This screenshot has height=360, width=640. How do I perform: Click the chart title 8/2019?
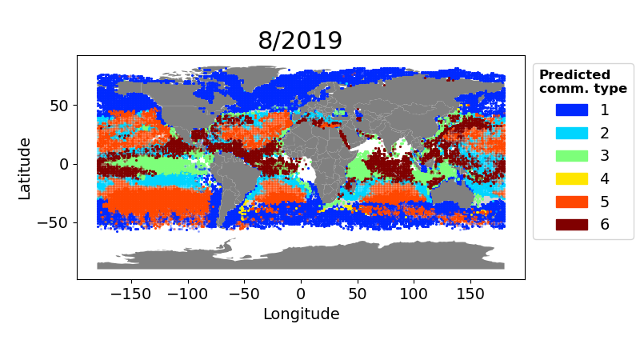click(300, 41)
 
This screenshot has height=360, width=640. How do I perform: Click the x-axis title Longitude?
click(301, 314)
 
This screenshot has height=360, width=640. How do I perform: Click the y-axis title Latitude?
click(25, 168)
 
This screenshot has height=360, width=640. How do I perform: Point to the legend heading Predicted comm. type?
click(582, 82)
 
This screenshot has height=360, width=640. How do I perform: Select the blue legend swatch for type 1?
click(571, 110)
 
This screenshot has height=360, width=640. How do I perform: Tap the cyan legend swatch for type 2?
click(571, 133)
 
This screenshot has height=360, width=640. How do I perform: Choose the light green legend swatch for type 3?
click(571, 155)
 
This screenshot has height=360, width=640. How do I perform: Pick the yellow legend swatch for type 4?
click(571, 178)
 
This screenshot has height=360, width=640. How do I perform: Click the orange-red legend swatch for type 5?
click(571, 202)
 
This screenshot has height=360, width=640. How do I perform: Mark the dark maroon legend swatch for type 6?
click(571, 224)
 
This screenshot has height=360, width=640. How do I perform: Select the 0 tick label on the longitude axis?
click(301, 293)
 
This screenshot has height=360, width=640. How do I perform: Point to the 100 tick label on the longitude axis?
click(414, 293)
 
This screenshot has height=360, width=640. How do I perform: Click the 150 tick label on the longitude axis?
click(470, 293)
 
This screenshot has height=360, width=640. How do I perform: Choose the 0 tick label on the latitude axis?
click(66, 164)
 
